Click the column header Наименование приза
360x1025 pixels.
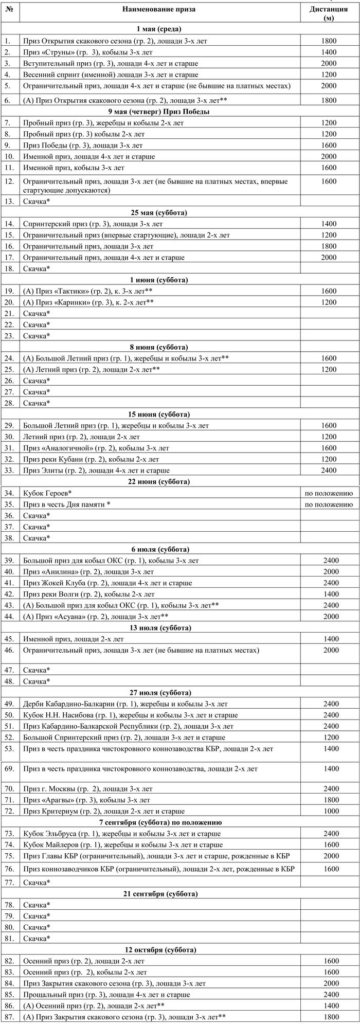[x=159, y=9]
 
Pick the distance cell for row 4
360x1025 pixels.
[x=329, y=75]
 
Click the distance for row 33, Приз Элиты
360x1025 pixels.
[x=329, y=470]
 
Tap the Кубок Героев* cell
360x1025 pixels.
[x=47, y=493]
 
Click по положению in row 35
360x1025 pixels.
[x=329, y=504]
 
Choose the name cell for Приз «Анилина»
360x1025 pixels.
[x=88, y=571]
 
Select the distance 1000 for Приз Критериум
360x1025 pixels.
[x=329, y=811]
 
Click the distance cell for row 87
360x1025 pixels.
[x=329, y=1017]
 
